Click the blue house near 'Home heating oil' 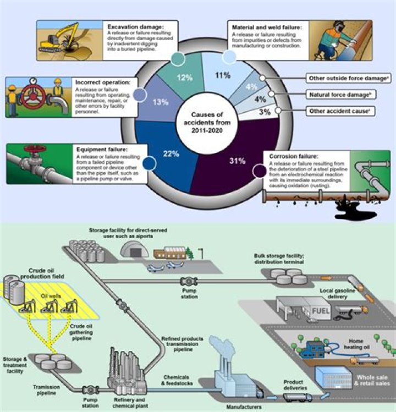pos(315,350)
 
